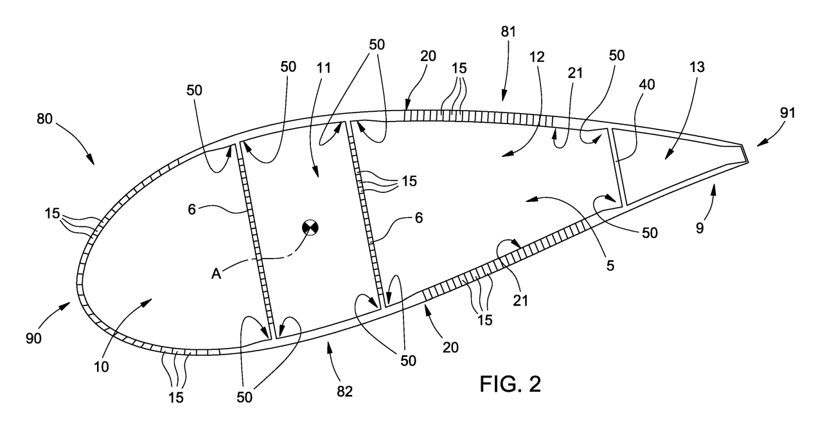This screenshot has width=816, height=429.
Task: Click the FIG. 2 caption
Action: tap(510, 384)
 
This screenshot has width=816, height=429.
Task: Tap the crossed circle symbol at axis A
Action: tap(310, 228)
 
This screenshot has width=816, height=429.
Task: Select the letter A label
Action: tap(217, 273)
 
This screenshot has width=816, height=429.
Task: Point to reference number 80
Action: tap(44, 119)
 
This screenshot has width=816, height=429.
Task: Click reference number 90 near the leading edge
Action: tap(33, 338)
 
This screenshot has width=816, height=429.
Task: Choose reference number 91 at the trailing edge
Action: tap(787, 113)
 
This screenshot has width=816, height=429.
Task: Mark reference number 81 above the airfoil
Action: tap(508, 32)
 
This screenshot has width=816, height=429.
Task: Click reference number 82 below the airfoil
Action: tap(344, 392)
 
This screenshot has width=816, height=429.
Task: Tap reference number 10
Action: tap(102, 367)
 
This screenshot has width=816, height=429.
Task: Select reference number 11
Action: tap(323, 68)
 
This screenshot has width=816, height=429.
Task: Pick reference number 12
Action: tap(537, 57)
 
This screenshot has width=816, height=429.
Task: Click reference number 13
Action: tap(697, 67)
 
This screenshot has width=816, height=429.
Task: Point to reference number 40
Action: tap(647, 85)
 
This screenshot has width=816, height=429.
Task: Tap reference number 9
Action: tap(700, 228)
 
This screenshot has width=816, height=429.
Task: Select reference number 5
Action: tap(610, 265)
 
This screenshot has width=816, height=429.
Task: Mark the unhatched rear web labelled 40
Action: tap(619, 167)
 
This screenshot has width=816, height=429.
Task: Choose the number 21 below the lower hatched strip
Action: tap(520, 300)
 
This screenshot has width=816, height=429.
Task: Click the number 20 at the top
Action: tap(428, 56)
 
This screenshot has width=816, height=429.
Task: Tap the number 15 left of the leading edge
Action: tap(52, 214)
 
